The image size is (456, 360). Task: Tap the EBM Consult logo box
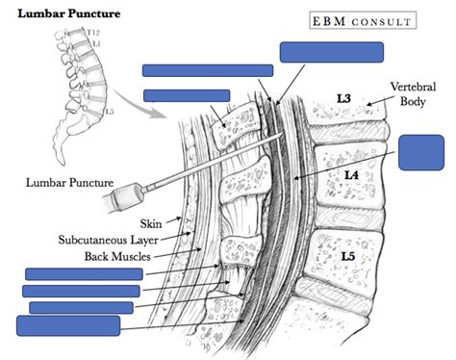(x=361, y=20)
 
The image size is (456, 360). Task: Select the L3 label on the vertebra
(x=341, y=99)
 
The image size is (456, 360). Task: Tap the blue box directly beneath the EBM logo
(x=331, y=52)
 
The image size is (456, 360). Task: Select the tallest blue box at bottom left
(x=61, y=324)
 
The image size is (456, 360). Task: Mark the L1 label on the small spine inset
(x=94, y=44)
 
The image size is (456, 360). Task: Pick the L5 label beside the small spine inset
(x=110, y=113)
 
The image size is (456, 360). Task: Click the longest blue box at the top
(x=208, y=70)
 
